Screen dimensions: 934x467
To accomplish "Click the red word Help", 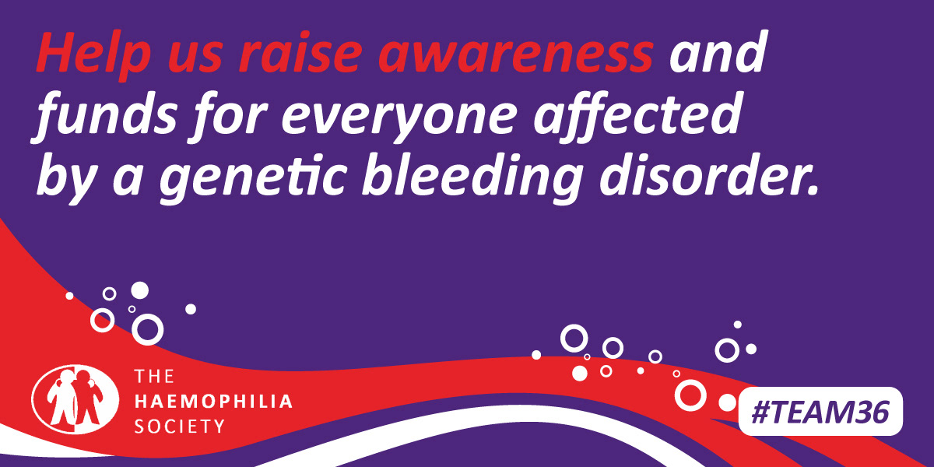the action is tap(93, 55).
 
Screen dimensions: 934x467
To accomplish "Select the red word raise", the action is tap(300, 54).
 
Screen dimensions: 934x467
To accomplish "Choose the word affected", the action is tap(638, 114).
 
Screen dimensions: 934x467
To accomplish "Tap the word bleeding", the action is tap(471, 176).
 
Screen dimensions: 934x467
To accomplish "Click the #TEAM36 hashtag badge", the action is tap(820, 412).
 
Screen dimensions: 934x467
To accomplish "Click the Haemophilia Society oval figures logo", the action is tap(75, 399).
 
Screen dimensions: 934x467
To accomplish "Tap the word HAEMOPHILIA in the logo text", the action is tap(213, 402).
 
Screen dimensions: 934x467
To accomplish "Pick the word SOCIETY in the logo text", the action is tap(180, 427).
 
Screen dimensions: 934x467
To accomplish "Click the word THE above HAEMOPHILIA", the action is tap(154, 377).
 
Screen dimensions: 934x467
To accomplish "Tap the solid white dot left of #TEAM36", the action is tap(728, 402).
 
